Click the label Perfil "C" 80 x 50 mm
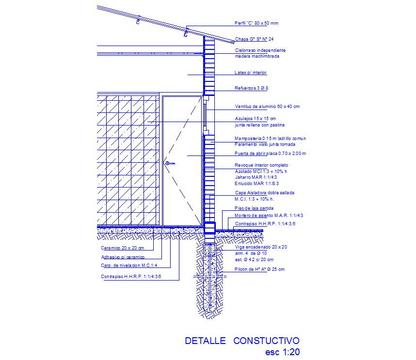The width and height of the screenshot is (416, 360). click(x=256, y=23)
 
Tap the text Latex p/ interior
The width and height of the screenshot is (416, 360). click(x=251, y=73)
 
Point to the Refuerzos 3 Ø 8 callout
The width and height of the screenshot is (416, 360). click(x=252, y=88)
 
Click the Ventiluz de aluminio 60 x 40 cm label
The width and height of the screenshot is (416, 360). click(x=267, y=107)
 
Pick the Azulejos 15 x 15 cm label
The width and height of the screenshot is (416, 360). click(x=256, y=119)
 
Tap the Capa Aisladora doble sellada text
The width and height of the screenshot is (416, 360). click(x=264, y=193)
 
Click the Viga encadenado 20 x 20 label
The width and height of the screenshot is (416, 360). click(x=261, y=247)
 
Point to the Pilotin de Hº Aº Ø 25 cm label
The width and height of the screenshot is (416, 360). click(x=260, y=269)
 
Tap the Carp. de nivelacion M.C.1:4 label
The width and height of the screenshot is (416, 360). click(x=128, y=266)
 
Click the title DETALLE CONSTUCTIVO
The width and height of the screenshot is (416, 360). click(x=242, y=341)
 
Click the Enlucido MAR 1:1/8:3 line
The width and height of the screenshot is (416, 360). click(x=257, y=184)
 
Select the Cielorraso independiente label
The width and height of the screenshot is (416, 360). click(x=260, y=50)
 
